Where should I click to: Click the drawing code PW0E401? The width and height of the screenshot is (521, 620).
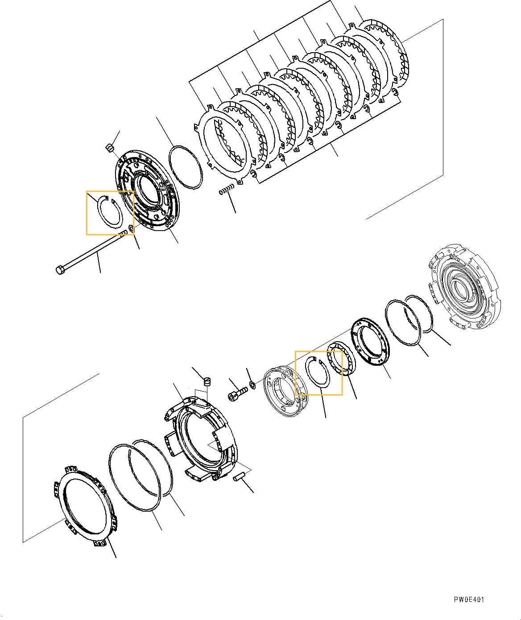[469, 600]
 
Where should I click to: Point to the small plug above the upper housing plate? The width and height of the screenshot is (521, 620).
[110, 147]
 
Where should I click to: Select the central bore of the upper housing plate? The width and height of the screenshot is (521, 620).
[147, 189]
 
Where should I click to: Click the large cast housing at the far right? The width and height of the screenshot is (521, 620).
[464, 287]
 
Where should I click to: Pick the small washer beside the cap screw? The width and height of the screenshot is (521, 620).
[253, 384]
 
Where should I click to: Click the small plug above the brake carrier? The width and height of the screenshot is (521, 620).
[207, 381]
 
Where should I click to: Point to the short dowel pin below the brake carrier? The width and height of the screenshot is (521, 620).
[240, 476]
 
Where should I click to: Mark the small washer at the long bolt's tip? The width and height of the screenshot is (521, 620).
[131, 229]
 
